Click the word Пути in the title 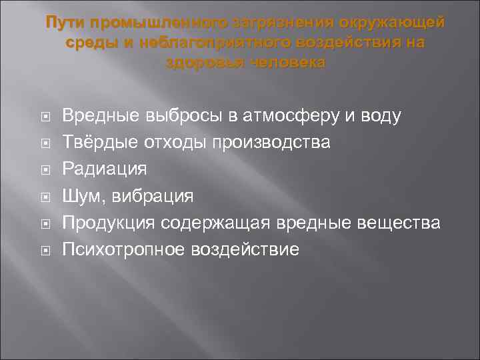65,23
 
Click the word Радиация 104,169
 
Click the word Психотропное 125,249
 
